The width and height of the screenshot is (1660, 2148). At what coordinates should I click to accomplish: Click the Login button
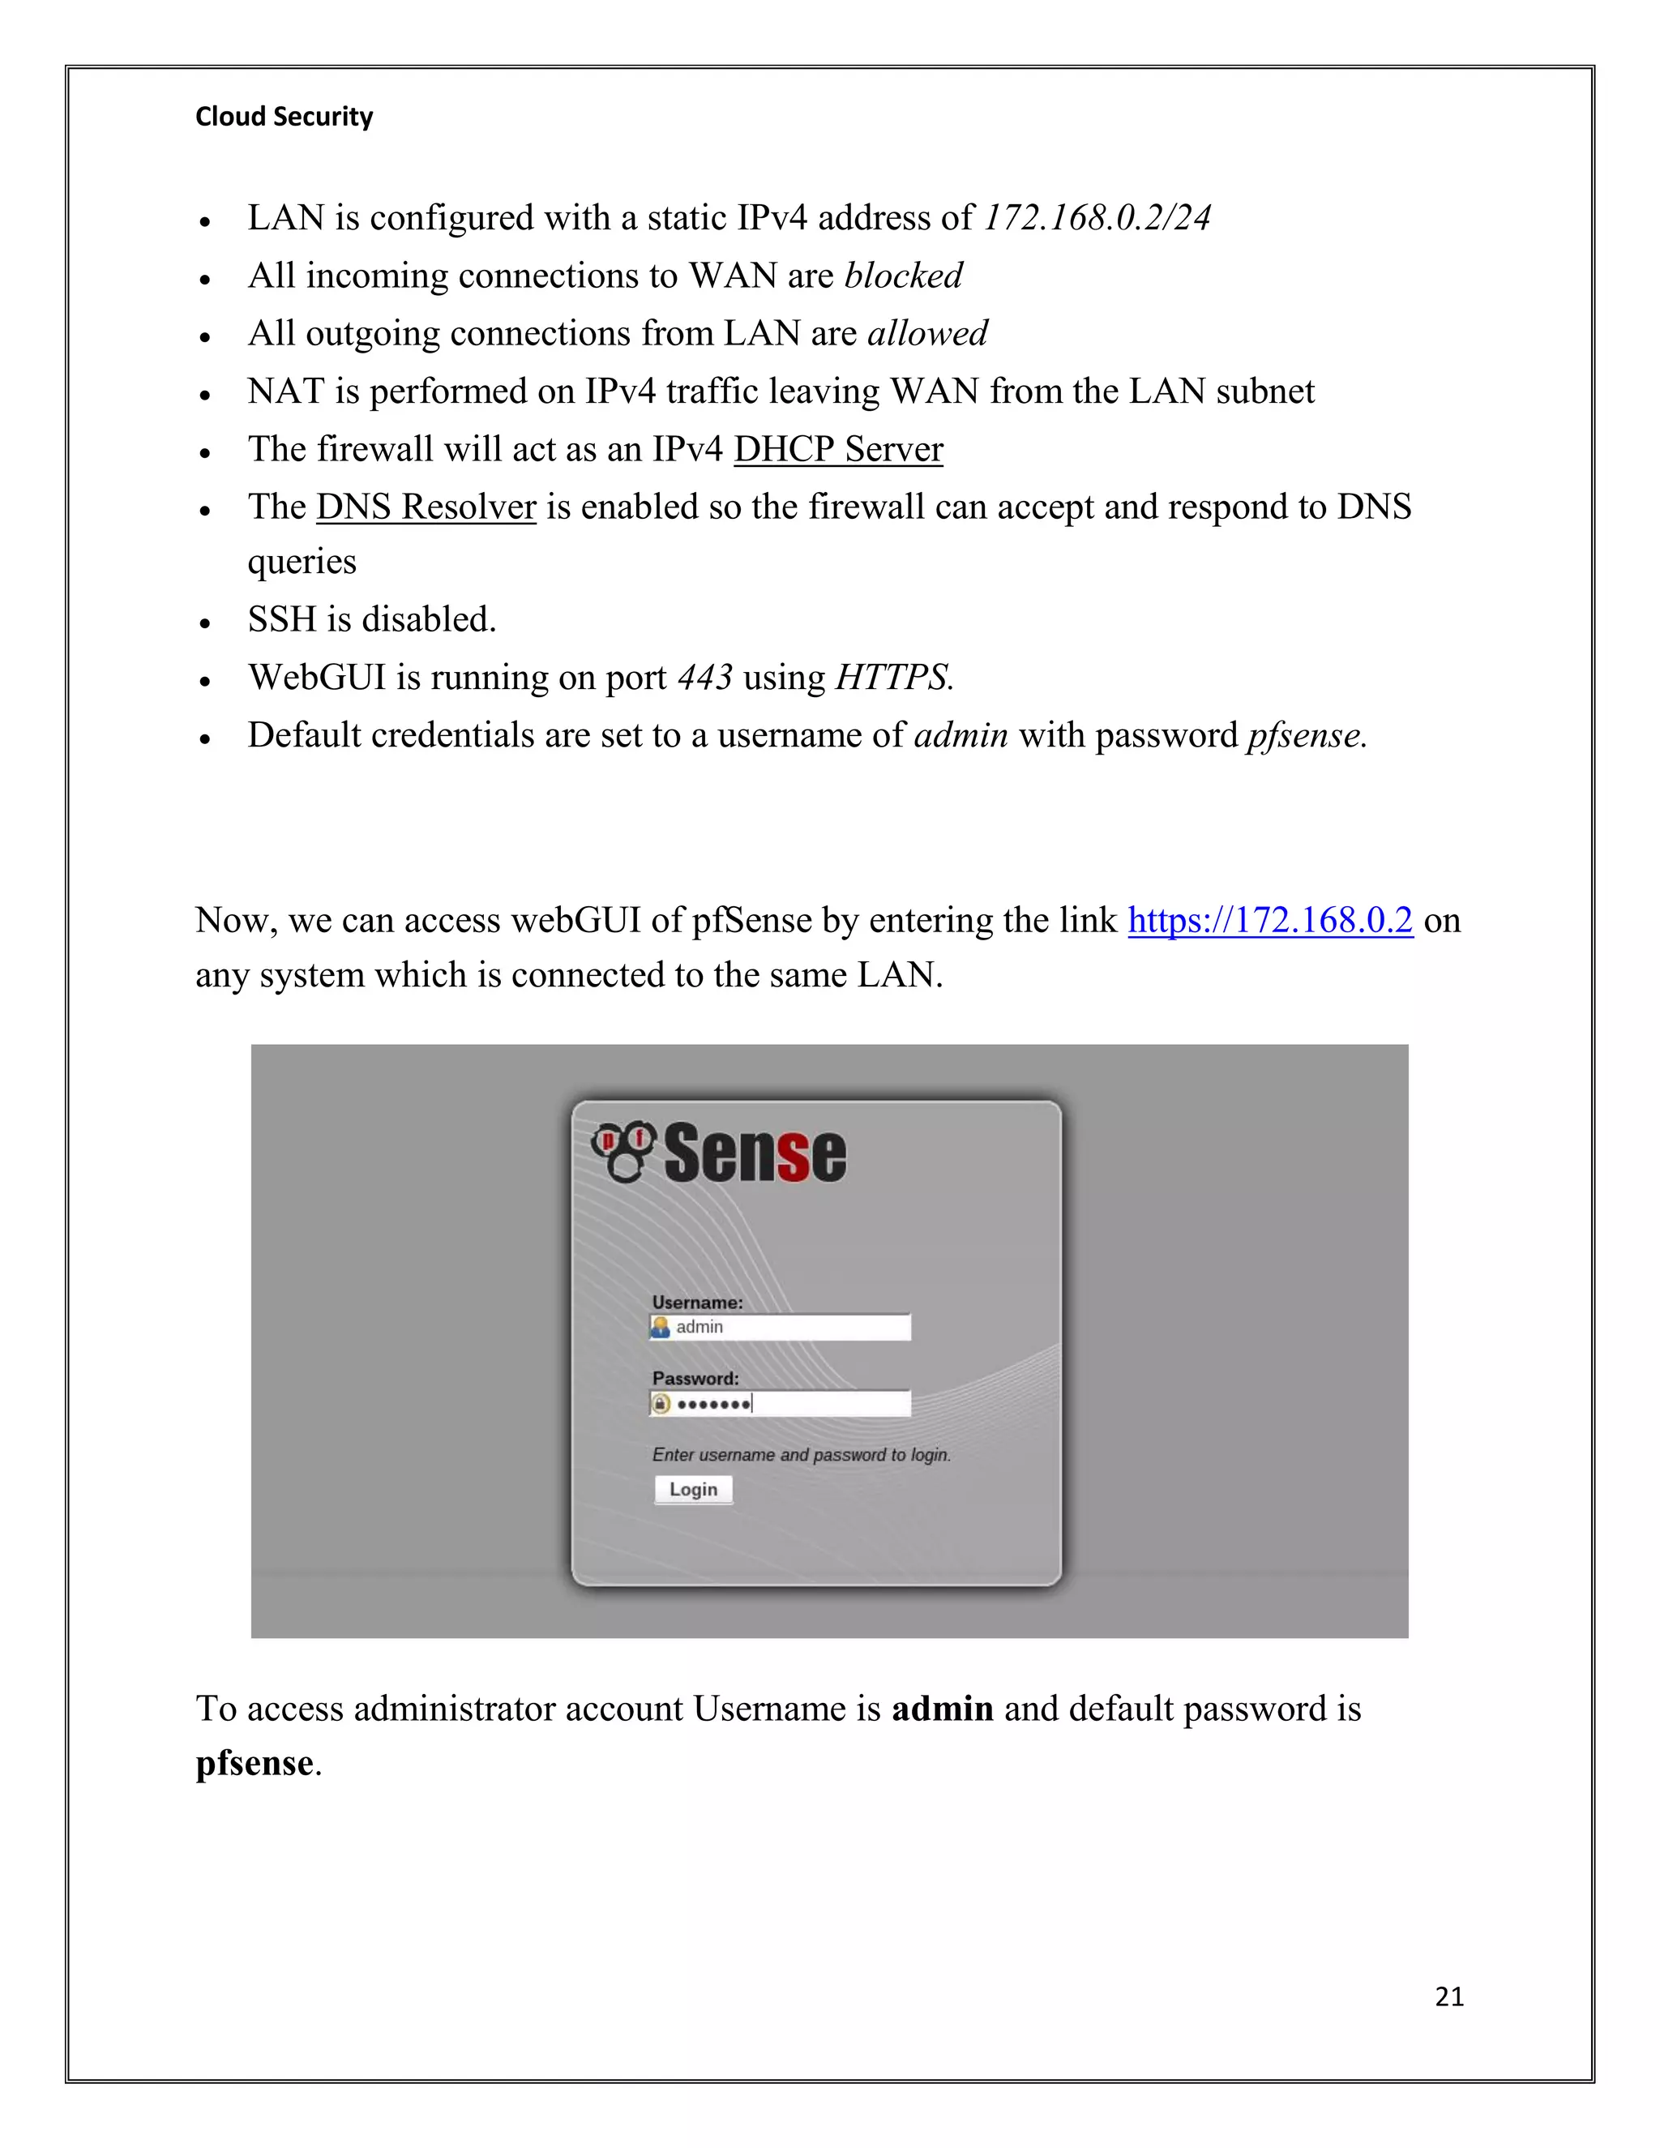click(x=693, y=1489)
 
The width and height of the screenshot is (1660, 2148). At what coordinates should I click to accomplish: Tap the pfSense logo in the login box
click(x=719, y=1153)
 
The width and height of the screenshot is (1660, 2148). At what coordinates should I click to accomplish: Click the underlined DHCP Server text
click(x=838, y=450)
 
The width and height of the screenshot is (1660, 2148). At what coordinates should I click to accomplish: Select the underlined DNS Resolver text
click(x=426, y=507)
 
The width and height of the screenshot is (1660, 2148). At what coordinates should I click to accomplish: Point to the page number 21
click(x=1448, y=1996)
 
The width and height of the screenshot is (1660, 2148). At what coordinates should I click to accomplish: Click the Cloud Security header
click(x=285, y=117)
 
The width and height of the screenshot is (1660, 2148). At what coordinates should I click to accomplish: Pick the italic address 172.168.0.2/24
click(x=1097, y=218)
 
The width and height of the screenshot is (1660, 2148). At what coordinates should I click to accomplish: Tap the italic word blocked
click(x=904, y=276)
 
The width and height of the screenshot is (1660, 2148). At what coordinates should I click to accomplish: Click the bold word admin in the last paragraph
click(x=942, y=1709)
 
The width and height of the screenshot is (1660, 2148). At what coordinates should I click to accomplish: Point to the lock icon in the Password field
click(x=661, y=1403)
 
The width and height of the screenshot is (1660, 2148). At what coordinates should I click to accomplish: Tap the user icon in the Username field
click(x=661, y=1327)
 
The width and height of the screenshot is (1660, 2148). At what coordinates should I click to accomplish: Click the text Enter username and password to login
click(x=802, y=1455)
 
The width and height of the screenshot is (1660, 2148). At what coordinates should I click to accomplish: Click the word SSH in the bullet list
click(x=281, y=619)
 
